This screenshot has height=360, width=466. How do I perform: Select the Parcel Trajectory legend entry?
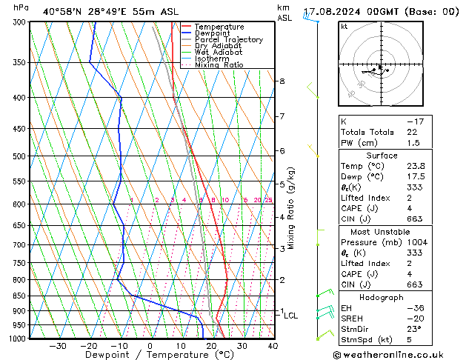[228, 40]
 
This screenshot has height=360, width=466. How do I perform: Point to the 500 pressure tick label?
[20, 157]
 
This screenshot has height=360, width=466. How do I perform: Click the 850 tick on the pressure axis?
[20, 296]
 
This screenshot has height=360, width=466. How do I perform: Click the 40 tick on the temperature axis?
[273, 345]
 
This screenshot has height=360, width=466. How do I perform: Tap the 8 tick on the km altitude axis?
[282, 81]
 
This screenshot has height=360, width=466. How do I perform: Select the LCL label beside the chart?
[290, 316]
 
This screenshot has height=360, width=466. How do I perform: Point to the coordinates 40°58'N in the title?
[61, 12]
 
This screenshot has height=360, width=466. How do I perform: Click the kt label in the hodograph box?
[344, 27]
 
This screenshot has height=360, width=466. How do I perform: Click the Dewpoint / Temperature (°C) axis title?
[149, 355]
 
